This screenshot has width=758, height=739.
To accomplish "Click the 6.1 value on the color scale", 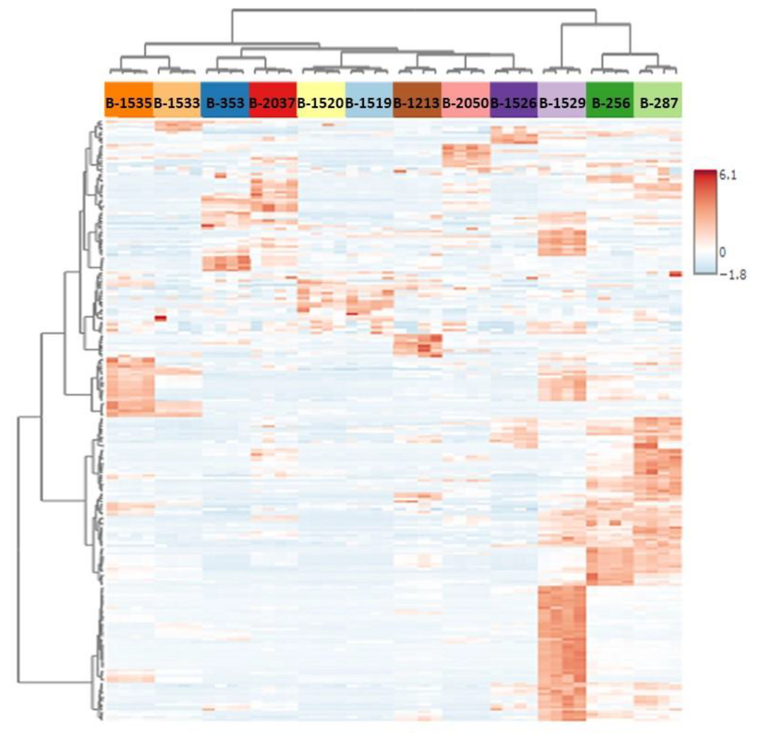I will [x=728, y=176].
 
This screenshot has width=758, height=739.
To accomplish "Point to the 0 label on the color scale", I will [x=722, y=252].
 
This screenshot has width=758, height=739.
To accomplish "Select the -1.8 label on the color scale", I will [x=732, y=275].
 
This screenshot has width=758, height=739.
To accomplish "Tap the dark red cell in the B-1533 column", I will [x=160, y=318].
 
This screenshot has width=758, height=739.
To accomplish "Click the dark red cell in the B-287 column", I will [x=676, y=274].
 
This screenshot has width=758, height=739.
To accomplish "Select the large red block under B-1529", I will [x=562, y=652].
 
